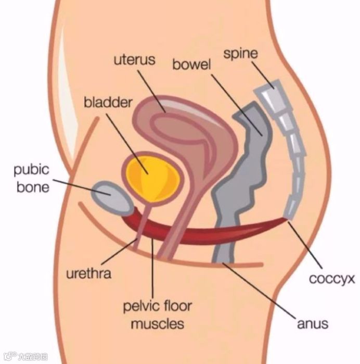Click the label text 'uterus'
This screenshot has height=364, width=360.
coord(134,59)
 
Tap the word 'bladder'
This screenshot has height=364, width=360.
coord(108,102)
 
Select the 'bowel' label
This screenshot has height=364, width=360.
coord(191,65)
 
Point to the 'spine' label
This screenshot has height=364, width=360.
coord(240,54)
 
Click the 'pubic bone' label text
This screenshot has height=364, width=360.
coord(32,178)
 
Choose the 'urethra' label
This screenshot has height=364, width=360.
coord(88,273)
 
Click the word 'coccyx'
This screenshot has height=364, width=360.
coord(331,279)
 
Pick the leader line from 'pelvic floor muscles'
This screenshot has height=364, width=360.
coord(152,266)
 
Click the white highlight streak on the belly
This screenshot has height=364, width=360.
coord(67,73)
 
